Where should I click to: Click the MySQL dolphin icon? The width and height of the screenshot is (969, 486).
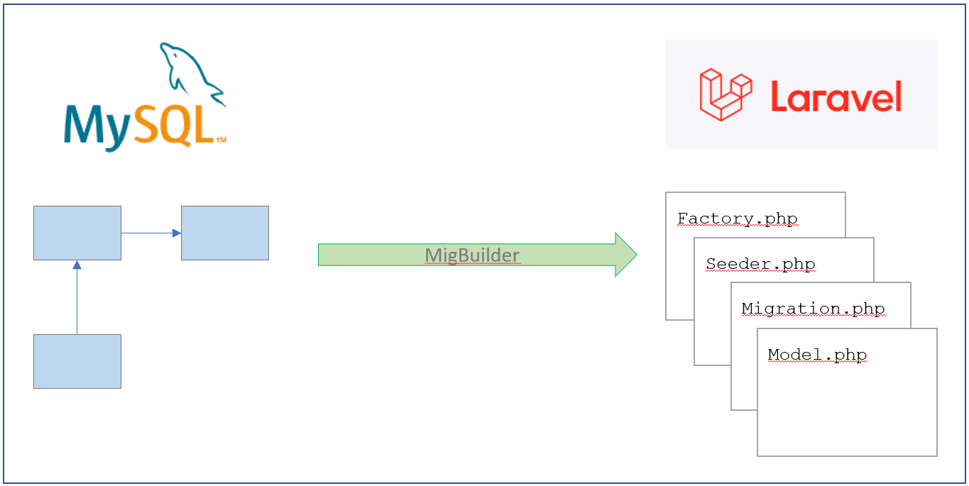tap(190, 72)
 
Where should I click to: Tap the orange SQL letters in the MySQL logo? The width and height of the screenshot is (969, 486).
tap(174, 125)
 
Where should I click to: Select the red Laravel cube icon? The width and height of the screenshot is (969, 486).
tap(726, 94)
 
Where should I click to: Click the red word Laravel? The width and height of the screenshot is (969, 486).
tap(836, 96)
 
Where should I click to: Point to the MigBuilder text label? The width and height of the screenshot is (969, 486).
tap(472, 255)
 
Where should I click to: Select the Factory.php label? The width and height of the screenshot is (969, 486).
tap(737, 219)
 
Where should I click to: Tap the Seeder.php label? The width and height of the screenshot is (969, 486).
tap(760, 264)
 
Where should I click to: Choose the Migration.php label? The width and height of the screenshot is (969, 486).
tap(814, 309)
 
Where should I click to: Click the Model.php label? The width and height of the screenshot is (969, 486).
tap(817, 355)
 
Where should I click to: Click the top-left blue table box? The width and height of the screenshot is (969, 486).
tap(77, 233)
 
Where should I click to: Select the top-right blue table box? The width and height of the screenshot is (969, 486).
tap(225, 233)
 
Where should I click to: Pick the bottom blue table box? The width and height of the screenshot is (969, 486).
tap(77, 361)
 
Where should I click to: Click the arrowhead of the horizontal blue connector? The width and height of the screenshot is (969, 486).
tap(177, 233)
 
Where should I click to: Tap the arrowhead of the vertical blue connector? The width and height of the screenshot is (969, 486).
tap(77, 265)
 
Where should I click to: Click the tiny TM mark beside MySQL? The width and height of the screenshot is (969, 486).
tap(221, 139)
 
